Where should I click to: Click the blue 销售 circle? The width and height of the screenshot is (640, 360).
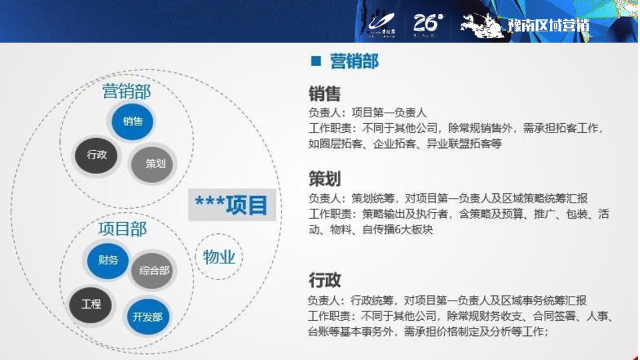click(x=133, y=121)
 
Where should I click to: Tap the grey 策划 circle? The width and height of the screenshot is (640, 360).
click(x=155, y=163)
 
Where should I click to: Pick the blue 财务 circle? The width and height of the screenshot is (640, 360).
click(x=108, y=261)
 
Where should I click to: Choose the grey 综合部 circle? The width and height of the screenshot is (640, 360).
click(x=154, y=271)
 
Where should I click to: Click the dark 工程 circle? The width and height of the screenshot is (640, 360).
click(x=91, y=305)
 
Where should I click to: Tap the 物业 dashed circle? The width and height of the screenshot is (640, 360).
click(x=219, y=257)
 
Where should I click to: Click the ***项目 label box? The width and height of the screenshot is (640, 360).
click(x=231, y=204)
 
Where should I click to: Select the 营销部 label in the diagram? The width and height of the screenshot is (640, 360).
click(x=127, y=91)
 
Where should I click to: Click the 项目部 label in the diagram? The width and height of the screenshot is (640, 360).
click(x=122, y=229)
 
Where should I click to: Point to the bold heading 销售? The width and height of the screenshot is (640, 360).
click(x=325, y=94)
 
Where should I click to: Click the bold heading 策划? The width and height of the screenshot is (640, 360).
click(x=325, y=179)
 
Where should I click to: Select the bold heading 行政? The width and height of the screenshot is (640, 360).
click(x=325, y=279)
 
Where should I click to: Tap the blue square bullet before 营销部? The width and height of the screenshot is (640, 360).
click(x=316, y=62)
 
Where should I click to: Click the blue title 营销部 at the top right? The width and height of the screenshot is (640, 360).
click(x=355, y=62)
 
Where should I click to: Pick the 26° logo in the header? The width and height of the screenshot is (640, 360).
click(x=427, y=24)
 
